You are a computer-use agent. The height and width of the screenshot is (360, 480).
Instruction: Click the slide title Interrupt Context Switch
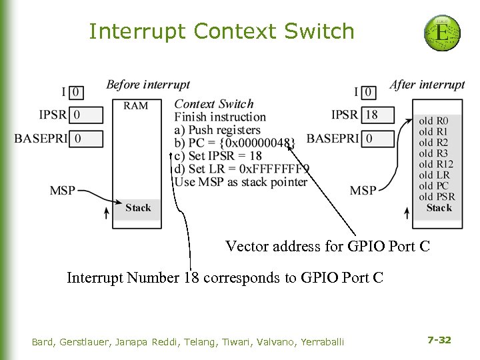click(221, 31)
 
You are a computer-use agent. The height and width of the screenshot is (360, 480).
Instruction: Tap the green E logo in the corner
click(441, 31)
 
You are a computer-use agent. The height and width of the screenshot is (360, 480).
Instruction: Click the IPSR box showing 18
click(378, 115)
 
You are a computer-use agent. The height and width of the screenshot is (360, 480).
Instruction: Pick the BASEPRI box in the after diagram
click(378, 139)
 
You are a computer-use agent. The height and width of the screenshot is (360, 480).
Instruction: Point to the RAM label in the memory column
click(135, 105)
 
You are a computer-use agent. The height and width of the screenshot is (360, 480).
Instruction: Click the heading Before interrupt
click(148, 85)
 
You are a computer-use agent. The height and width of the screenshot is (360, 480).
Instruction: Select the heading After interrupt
click(427, 85)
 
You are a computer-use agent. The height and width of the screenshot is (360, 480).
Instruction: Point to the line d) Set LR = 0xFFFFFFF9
click(241, 169)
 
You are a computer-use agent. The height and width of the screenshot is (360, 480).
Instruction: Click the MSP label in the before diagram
click(63, 191)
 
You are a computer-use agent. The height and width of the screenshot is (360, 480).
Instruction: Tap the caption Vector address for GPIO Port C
click(327, 247)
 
